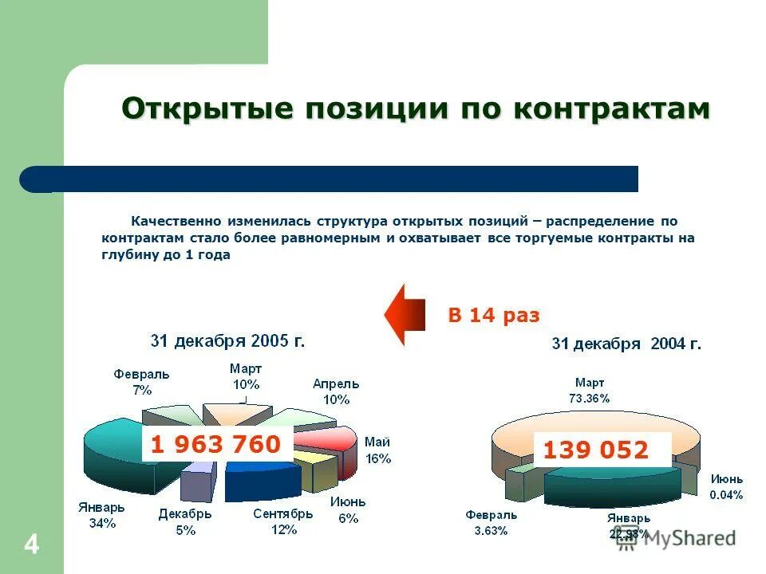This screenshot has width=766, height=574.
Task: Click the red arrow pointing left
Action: (407, 314)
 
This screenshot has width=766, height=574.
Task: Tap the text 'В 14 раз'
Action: (494, 316)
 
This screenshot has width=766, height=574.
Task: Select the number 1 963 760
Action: (215, 445)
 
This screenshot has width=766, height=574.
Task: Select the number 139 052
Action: (595, 450)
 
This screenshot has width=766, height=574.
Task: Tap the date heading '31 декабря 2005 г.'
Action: (228, 341)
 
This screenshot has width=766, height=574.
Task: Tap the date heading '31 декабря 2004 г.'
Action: (627, 344)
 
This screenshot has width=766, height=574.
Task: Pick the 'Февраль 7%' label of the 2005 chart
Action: (141, 382)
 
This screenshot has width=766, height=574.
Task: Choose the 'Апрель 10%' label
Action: (336, 391)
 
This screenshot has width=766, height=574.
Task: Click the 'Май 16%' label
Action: (377, 450)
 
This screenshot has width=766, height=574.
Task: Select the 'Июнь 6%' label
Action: (347, 509)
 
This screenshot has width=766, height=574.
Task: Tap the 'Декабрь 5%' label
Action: (184, 522)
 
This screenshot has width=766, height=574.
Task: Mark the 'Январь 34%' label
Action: (101, 515)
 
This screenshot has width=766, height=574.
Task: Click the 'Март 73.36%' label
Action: (590, 391)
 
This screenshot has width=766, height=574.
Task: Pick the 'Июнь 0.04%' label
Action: (726, 486)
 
